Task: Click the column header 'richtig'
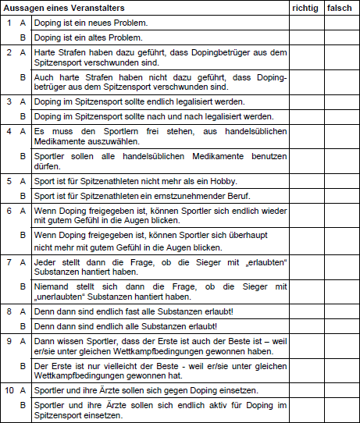[x=305, y=7]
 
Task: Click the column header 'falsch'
[x=340, y=7]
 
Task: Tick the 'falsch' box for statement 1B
[x=341, y=37]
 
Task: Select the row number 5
[x=9, y=180]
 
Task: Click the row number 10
[x=9, y=389]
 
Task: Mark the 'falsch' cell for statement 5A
[x=341, y=180]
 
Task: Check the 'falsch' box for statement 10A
[x=341, y=389]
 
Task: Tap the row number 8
[x=9, y=311]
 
